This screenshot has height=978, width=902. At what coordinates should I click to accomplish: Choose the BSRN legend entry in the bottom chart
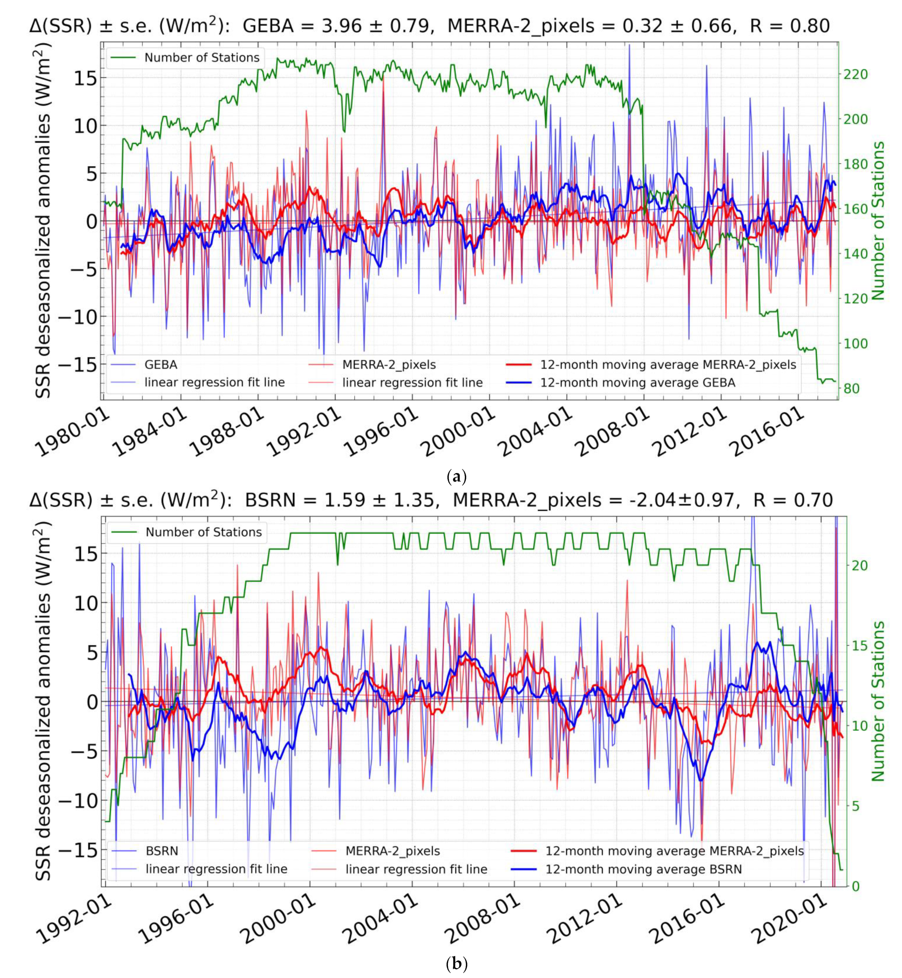[162, 851]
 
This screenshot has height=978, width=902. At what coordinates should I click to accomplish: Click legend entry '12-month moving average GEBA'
[637, 382]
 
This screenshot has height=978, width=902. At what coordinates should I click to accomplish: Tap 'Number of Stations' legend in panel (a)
[201, 57]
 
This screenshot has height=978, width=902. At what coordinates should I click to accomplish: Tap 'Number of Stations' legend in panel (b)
[203, 532]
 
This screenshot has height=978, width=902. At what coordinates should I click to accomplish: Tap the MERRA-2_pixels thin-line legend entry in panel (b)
[393, 851]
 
